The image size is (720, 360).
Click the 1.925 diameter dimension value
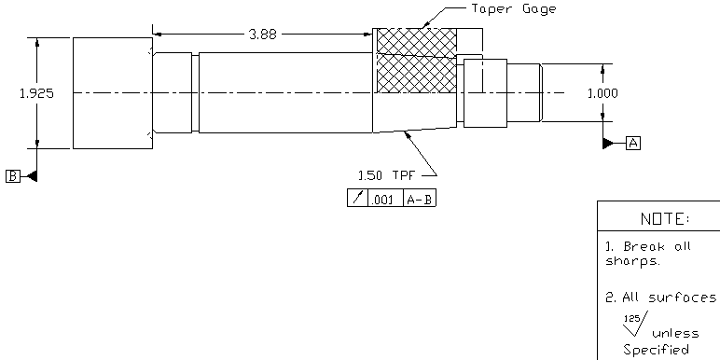click(x=35, y=93)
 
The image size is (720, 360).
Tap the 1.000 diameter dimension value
click(x=602, y=93)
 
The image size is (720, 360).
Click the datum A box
click(x=633, y=143)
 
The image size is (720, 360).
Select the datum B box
click(x=13, y=175)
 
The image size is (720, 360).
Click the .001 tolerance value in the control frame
click(x=382, y=199)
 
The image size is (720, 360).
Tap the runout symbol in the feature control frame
click(x=356, y=199)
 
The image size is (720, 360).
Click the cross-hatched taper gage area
click(x=415, y=61)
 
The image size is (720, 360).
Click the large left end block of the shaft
click(x=112, y=93)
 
